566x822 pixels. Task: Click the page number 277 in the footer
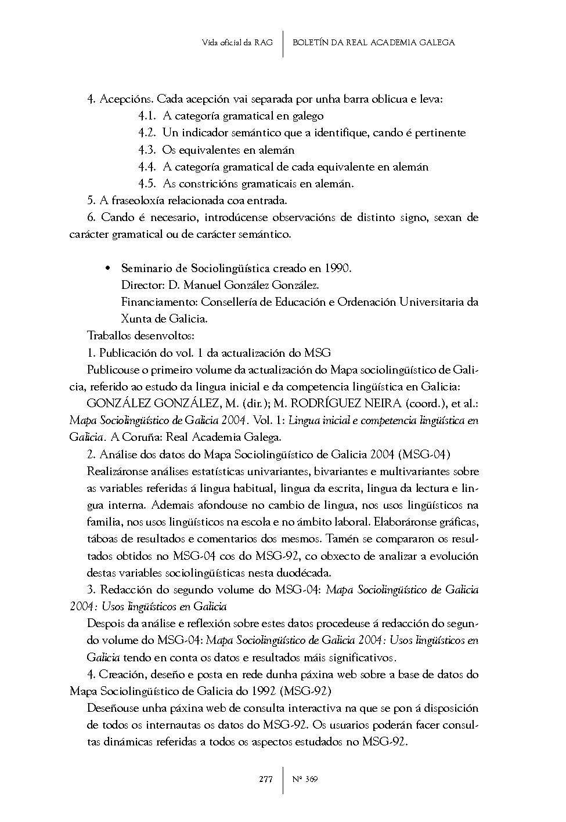click(x=265, y=779)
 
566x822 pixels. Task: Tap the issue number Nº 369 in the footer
click(x=305, y=779)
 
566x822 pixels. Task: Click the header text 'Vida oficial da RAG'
click(x=237, y=42)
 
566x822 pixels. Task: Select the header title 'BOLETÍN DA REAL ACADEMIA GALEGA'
click(x=373, y=42)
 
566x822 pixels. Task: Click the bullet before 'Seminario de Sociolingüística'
click(x=107, y=269)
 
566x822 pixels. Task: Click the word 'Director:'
click(x=143, y=285)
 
